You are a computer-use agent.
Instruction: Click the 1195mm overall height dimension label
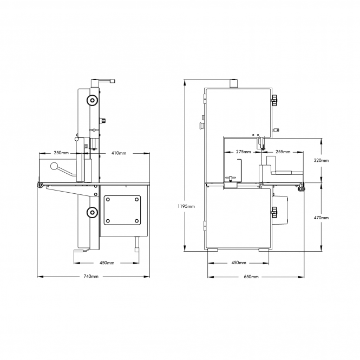(186, 206)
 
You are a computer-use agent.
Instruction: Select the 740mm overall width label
(91, 277)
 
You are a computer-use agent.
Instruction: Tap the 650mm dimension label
(251, 277)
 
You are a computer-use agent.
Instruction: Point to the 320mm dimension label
(321, 160)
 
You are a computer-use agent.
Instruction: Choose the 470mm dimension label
(321, 218)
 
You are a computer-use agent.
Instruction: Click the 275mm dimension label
(244, 152)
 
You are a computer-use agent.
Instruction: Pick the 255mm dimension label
(283, 152)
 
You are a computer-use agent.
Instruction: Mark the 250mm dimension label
(61, 153)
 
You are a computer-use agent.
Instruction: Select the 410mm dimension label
(119, 153)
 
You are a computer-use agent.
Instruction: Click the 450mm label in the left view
(107, 263)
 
